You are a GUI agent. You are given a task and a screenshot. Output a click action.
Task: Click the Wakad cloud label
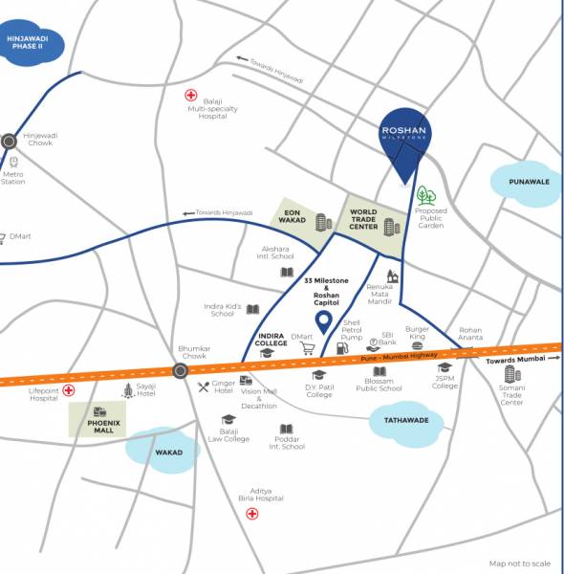pos(168,451)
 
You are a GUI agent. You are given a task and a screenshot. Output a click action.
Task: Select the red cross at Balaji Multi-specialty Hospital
pos(190,97)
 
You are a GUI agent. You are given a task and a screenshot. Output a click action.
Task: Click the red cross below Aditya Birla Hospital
pos(252,514)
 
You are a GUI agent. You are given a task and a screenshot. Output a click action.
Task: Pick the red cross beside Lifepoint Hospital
pos(69,390)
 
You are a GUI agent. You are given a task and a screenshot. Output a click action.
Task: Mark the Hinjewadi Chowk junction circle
pos(9,141)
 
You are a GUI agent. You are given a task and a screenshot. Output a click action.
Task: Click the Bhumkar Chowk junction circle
pos(180,371)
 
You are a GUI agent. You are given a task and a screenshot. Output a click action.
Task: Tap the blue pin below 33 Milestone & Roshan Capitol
pos(324,322)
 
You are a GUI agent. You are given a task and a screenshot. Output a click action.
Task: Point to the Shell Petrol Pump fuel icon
pos(342,350)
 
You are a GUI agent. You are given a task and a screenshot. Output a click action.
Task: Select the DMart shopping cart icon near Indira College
pos(308,349)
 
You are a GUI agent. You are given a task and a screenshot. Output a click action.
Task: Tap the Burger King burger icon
pos(418,347)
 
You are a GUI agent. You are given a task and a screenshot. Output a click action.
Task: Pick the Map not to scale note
pos(520,563)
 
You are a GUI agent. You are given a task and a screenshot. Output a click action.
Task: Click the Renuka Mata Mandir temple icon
pos(392,276)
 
